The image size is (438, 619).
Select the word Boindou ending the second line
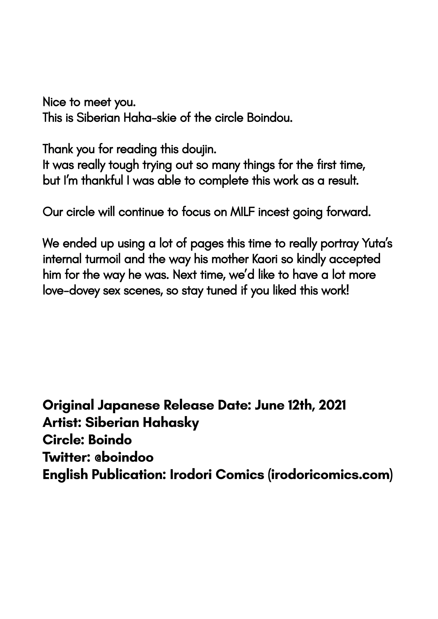click(x=270, y=118)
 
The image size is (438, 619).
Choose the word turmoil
click(x=103, y=259)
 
